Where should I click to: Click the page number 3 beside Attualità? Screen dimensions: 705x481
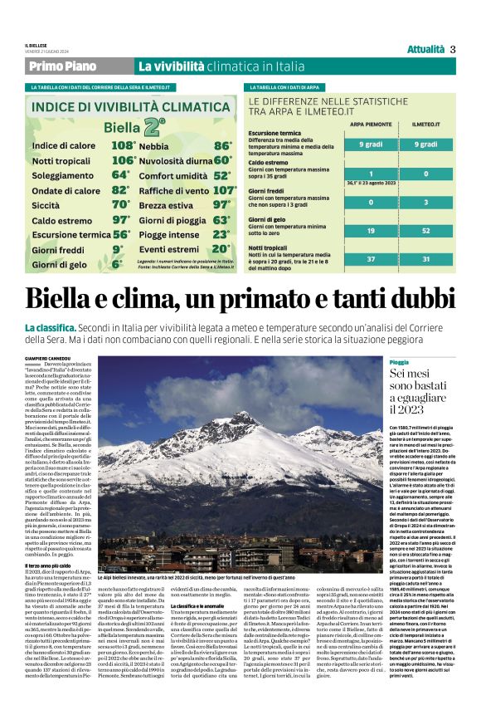[453, 49]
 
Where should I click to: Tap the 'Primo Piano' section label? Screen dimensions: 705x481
[62, 66]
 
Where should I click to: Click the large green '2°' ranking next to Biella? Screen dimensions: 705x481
[153, 127]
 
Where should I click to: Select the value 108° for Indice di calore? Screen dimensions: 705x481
[123, 145]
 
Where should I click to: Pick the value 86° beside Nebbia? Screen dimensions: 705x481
[222, 145]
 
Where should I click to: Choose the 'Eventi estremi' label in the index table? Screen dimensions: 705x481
[168, 248]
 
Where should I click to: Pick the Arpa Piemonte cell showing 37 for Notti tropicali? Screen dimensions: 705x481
[370, 259]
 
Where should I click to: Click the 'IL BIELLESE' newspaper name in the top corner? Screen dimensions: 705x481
[36, 45]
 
